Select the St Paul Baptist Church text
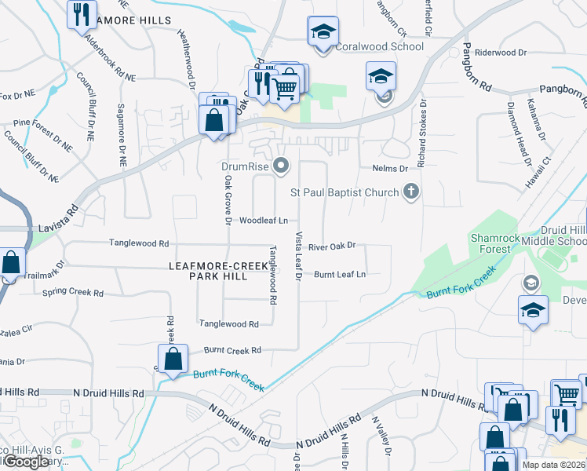(345, 192)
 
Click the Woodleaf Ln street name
(264, 221)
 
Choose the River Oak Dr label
(332, 246)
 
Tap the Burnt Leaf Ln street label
(340, 275)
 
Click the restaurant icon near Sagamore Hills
(79, 13)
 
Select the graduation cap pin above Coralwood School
(323, 31)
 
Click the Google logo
(25, 462)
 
